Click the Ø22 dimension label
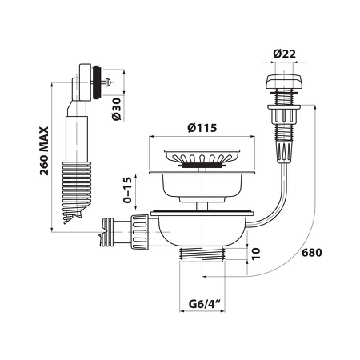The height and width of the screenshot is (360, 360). [284, 54]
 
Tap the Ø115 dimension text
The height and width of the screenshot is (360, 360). [202, 128]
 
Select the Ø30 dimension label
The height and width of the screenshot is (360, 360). [116, 109]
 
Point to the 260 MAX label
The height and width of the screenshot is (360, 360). [44, 150]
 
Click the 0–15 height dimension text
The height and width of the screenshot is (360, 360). [128, 190]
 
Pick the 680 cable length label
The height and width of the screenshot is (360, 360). [311, 252]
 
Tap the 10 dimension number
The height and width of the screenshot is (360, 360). [255, 254]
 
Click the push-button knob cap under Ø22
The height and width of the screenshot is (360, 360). [283, 82]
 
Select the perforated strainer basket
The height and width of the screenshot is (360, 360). [202, 158]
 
